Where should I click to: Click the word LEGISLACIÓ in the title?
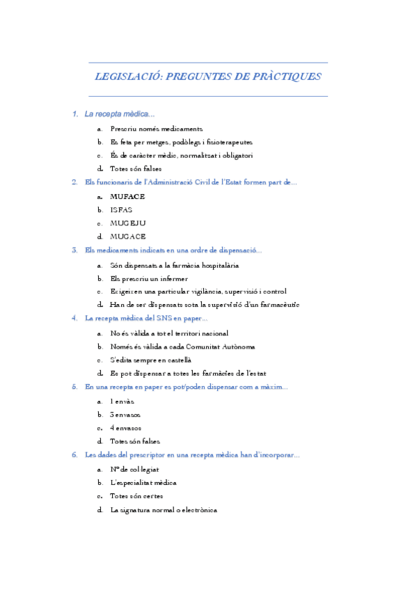[127, 77]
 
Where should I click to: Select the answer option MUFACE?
[127, 196]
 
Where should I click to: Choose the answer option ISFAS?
[121, 209]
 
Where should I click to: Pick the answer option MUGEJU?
[128, 223]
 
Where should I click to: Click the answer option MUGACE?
[128, 237]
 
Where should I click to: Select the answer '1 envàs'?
[123, 401]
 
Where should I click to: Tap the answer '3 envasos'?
[126, 415]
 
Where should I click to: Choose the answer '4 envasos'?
[126, 428]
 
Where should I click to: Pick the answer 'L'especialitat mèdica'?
[143, 482]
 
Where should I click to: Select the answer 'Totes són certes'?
[136, 496]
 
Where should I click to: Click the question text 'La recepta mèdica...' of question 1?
[119, 114]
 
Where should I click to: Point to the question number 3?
[74, 250]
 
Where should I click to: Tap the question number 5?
[74, 387]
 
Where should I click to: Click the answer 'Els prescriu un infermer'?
[149, 278]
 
